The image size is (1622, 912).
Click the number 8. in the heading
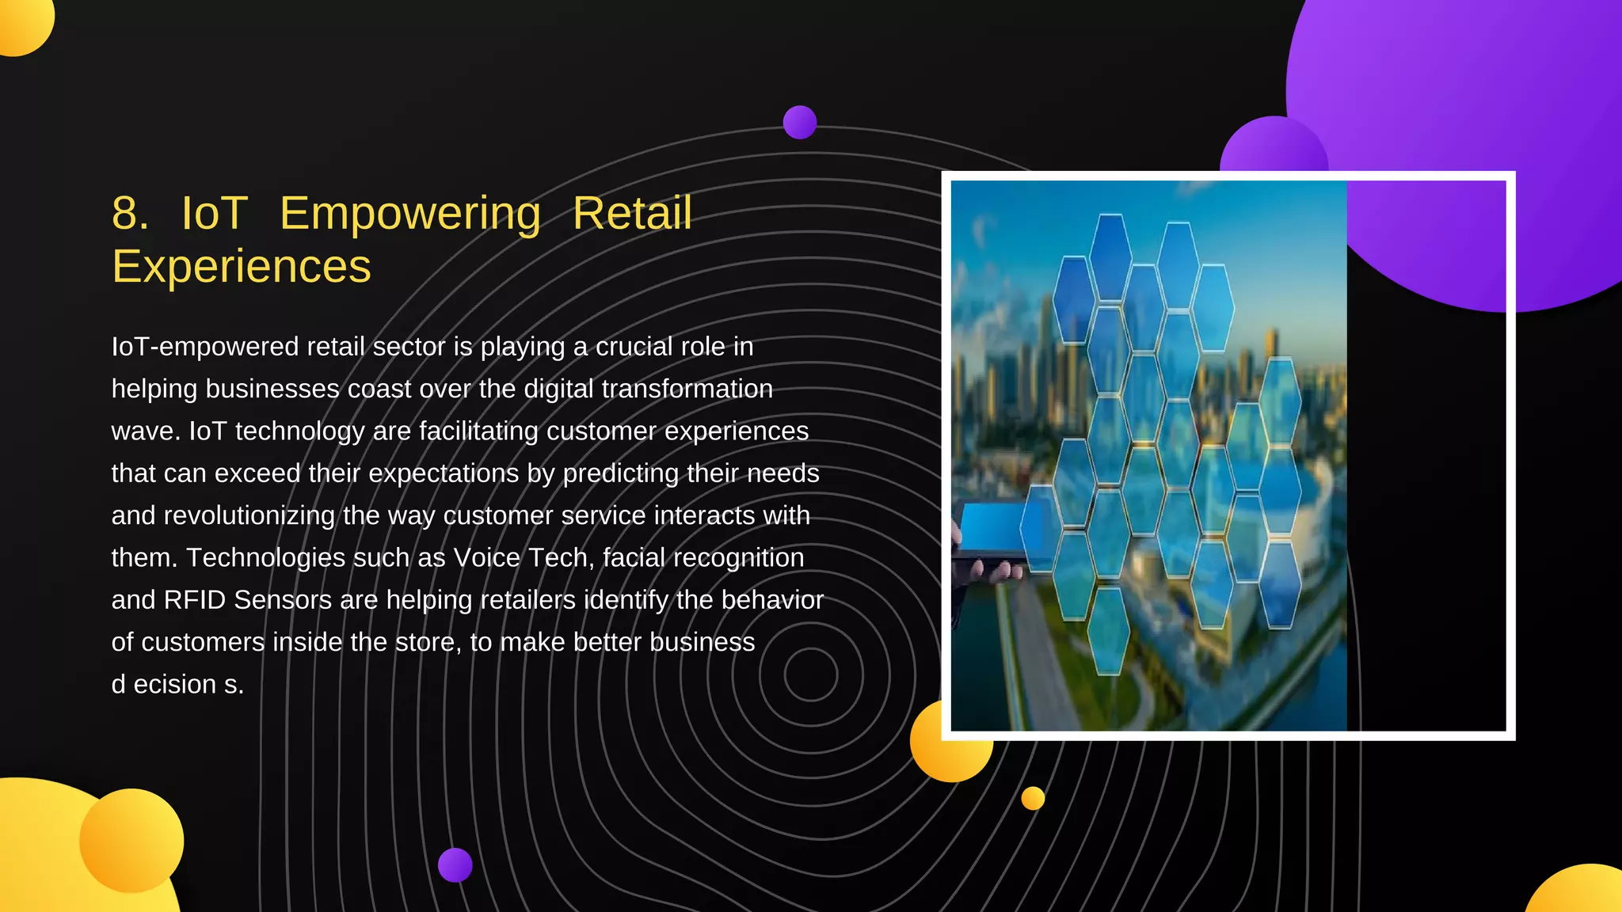click(x=130, y=214)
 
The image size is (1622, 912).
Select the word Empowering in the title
click(x=410, y=214)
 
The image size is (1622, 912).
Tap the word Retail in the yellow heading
click(x=632, y=214)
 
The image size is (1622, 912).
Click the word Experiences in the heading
click(x=242, y=267)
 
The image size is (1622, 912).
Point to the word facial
click(x=634, y=557)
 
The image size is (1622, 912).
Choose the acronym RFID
click(x=195, y=600)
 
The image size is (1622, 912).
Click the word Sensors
click(x=283, y=600)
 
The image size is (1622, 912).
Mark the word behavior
click(x=772, y=600)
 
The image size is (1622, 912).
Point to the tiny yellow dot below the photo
click(x=1033, y=798)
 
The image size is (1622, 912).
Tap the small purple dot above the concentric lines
click(x=800, y=122)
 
